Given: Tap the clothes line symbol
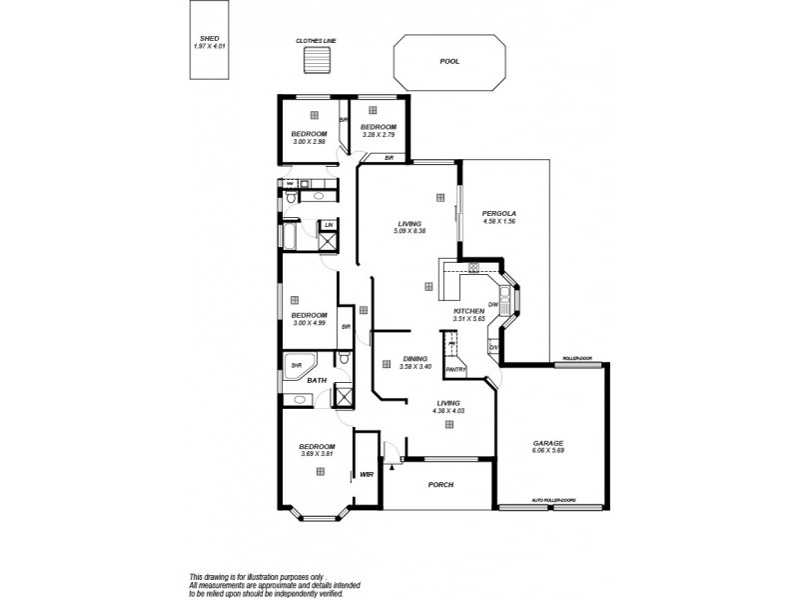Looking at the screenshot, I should click(315, 62).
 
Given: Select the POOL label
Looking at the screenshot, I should click(449, 62).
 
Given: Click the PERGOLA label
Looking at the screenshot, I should click(498, 213).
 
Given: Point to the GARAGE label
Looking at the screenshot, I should click(548, 443).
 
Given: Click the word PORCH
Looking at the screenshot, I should click(440, 485).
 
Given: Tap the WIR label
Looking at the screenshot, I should click(366, 475).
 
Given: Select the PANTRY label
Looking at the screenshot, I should click(457, 368).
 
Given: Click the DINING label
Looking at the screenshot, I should click(414, 358).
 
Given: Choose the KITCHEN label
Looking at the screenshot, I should click(468, 312).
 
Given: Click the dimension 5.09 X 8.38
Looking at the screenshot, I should click(409, 231).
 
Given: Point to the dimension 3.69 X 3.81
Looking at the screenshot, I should click(317, 454).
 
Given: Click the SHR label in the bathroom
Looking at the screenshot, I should click(297, 366).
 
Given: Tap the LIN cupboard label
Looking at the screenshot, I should click(329, 226).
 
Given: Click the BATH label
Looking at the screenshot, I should click(317, 381).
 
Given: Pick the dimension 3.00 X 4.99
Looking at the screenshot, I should click(310, 323).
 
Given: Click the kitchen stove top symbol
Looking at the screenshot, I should click(473, 267).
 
